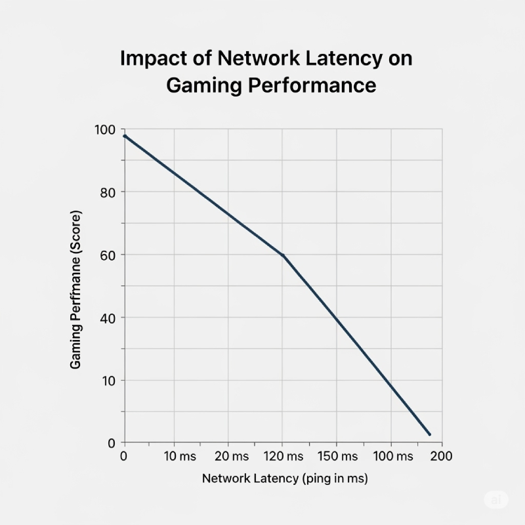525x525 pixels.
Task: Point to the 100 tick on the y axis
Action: tap(105, 130)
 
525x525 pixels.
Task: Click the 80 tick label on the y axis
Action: tap(109, 192)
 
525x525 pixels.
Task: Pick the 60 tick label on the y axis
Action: tap(109, 255)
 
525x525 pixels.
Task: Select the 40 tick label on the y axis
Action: tap(109, 318)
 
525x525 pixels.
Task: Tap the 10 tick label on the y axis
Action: tap(109, 381)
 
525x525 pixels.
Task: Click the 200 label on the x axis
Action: tap(442, 456)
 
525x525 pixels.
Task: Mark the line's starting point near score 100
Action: tap(125, 136)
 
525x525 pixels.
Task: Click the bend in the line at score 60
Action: tap(283, 255)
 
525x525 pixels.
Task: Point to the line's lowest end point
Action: tap(429, 434)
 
